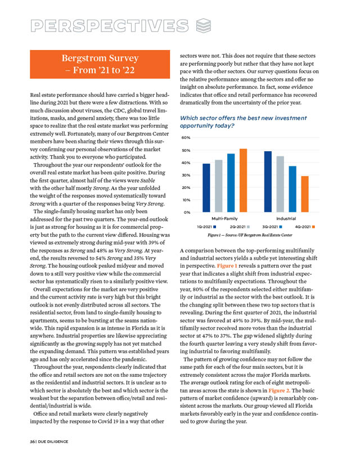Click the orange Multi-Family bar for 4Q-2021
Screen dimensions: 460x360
(x=244, y=180)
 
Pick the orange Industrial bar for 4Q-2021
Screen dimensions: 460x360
(x=305, y=193)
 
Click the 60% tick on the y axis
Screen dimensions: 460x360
(x=186, y=138)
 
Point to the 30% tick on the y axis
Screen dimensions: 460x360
(x=186, y=175)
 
